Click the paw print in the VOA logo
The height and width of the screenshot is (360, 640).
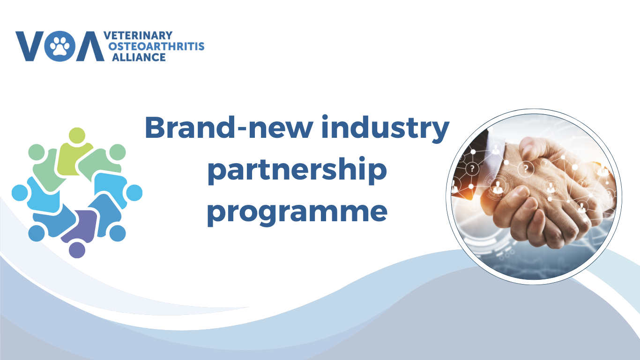point(60,46)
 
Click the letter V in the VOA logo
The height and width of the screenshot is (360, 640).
point(30,46)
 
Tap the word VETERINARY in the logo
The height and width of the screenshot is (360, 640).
point(138,36)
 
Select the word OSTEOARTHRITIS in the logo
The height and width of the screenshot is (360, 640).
point(156,46)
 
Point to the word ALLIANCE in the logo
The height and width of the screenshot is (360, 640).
point(139,57)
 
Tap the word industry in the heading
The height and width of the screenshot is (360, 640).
point(386,129)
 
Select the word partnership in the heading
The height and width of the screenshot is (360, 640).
point(297,171)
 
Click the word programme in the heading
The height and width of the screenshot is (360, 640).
point(297,213)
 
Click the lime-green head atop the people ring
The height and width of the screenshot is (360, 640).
point(77,135)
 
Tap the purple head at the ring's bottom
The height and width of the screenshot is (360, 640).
point(77,250)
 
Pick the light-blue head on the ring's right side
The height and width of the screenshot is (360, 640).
point(134,193)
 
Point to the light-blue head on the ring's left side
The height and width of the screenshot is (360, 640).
point(20,193)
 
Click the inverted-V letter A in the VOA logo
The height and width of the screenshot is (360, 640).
point(90,46)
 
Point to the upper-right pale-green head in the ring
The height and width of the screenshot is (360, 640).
point(118,152)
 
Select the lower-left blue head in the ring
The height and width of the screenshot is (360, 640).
point(37,233)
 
